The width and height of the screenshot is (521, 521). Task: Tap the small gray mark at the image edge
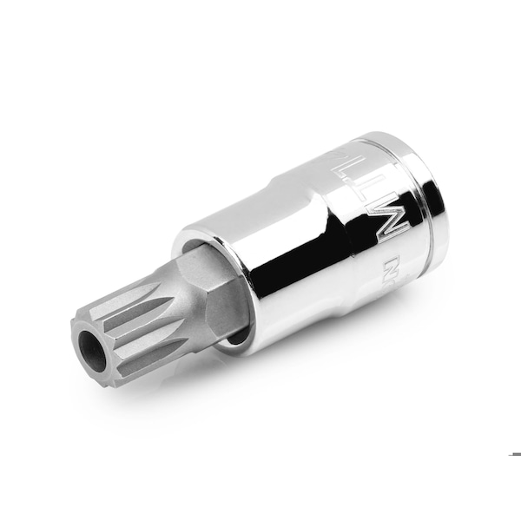[x=515, y=454]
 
